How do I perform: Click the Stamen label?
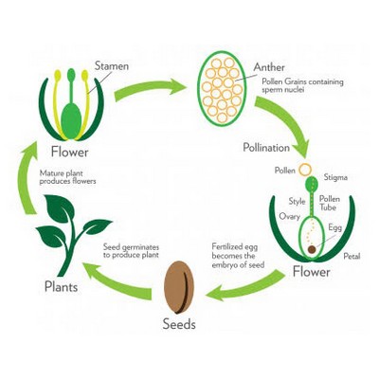(112, 66)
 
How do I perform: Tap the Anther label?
(269, 67)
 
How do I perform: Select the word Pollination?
(266, 148)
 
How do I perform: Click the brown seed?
(179, 287)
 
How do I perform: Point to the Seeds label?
(179, 324)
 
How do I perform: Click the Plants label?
(61, 287)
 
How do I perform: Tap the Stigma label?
(335, 177)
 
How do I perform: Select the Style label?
(297, 201)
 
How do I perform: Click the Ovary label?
(289, 217)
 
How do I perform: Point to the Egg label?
(335, 227)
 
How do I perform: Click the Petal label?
(352, 256)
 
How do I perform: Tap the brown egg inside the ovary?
(312, 249)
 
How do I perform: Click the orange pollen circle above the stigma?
(305, 170)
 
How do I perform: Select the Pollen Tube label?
(330, 203)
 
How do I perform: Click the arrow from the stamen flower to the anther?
(149, 89)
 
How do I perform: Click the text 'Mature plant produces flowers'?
(67, 177)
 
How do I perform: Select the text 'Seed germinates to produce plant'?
(131, 251)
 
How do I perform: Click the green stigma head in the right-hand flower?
(312, 184)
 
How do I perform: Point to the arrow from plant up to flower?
(25, 178)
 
